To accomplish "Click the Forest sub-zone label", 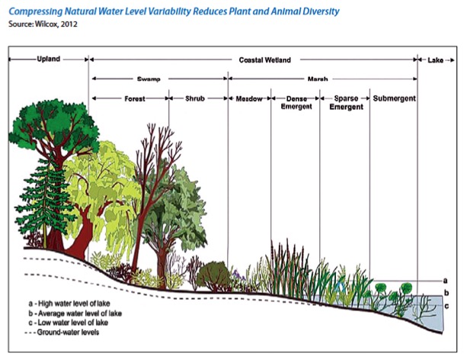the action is pos(135,99).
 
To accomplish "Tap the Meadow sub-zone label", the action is pos(248,99).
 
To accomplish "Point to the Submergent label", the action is pos(393,99).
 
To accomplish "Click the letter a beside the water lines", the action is pos(445,280).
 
